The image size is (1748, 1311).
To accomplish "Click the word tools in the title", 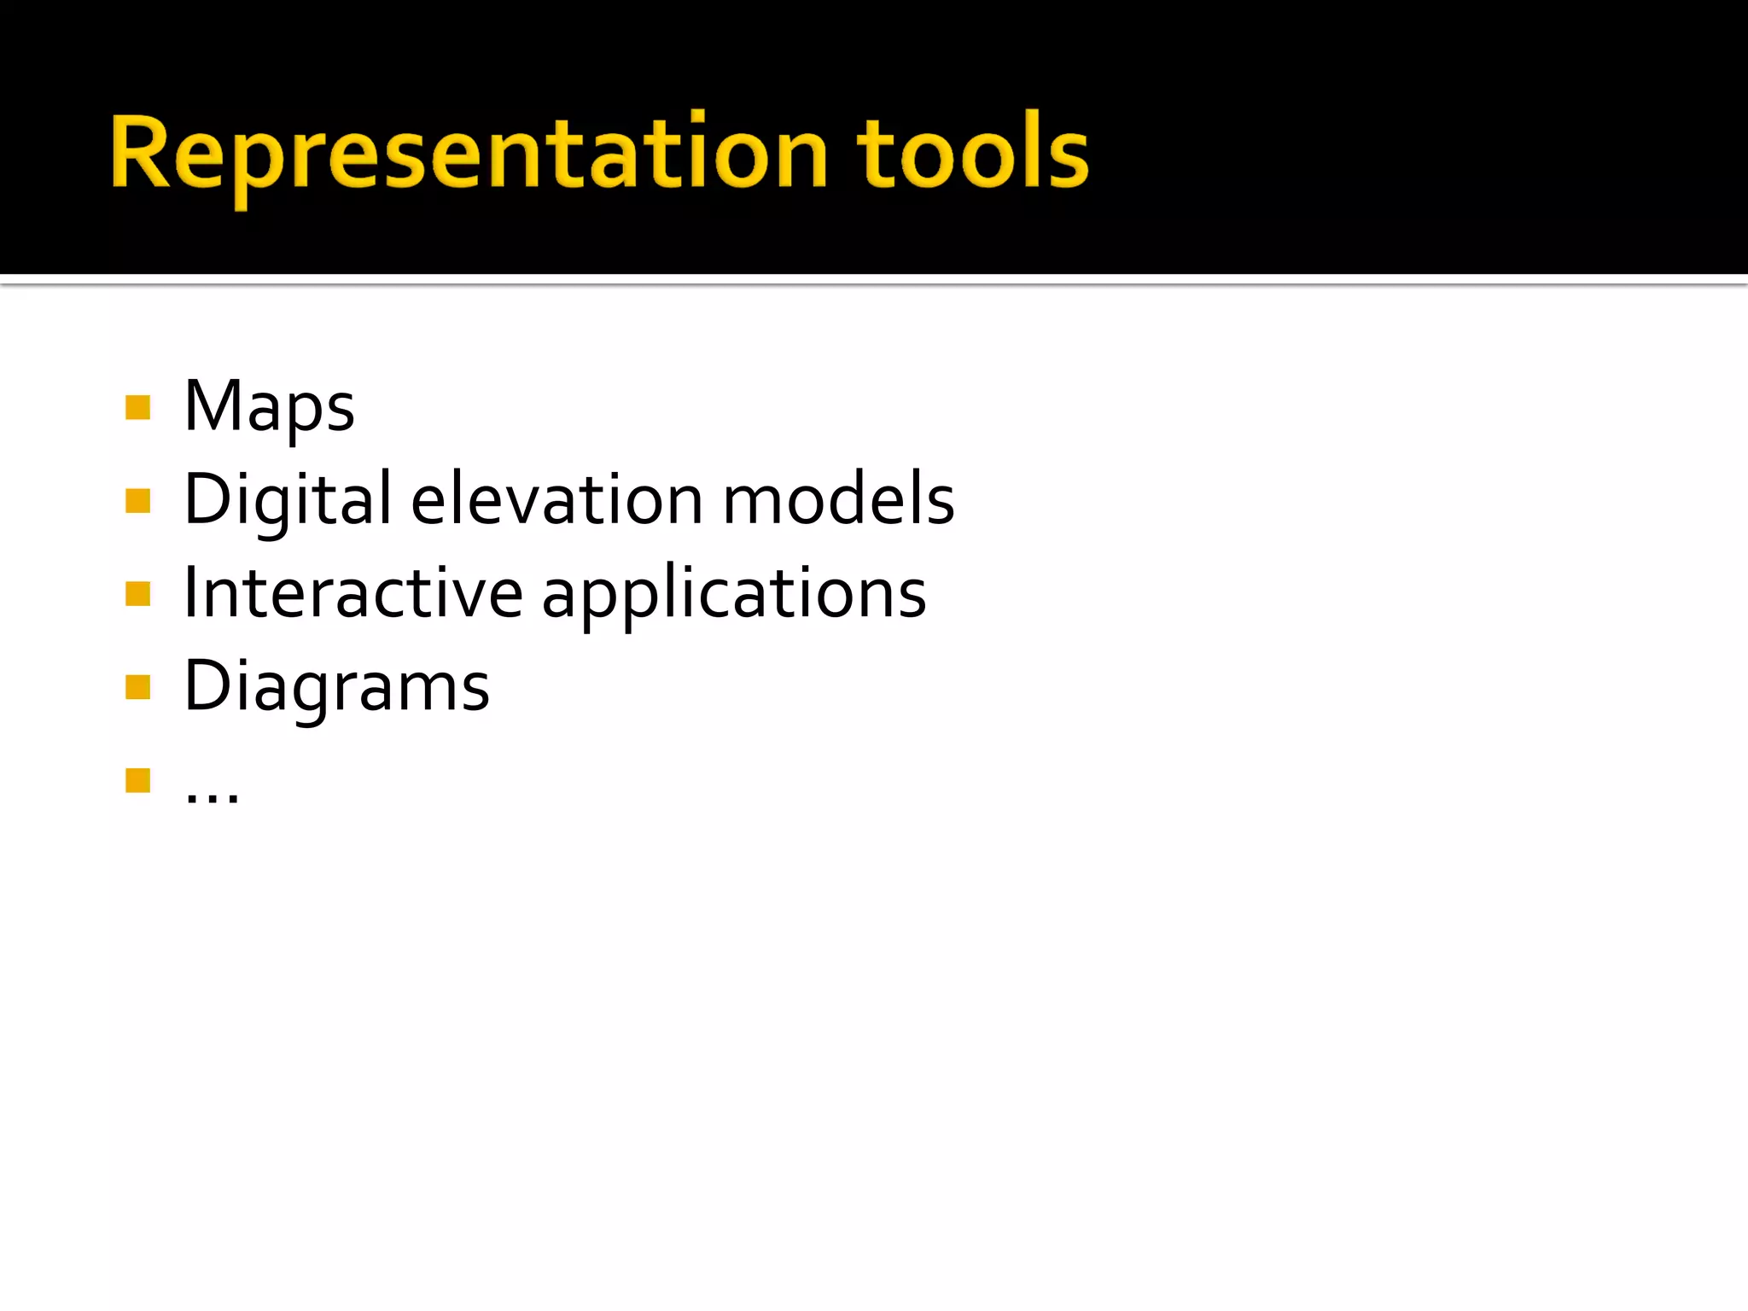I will coord(973,154).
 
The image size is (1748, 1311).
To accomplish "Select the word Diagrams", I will coord(337,688).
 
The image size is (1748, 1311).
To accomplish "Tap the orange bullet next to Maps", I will coord(137,407).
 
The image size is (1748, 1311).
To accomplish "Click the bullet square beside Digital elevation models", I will coord(137,500).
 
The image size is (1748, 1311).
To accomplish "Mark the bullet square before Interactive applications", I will coord(137,593).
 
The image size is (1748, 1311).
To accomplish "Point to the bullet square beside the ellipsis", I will coord(137,780).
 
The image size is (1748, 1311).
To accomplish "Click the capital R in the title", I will coord(142,152).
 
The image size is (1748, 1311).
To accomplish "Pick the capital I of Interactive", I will coord(191,592).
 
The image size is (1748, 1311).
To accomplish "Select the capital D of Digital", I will coord(207,499).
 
